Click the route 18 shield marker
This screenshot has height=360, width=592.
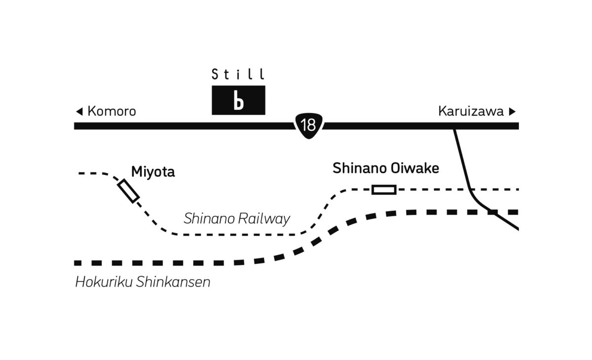[x=309, y=126]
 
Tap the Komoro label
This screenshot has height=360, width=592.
[x=111, y=111]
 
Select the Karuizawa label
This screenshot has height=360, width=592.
[x=471, y=111]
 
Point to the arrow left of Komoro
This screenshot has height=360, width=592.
[x=79, y=111]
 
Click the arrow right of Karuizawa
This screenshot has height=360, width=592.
[x=512, y=111]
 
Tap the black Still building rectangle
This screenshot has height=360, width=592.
[x=238, y=100]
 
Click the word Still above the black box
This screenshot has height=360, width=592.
[x=238, y=74]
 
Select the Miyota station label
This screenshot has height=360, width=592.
[x=153, y=172]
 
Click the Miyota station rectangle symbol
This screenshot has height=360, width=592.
[x=128, y=191]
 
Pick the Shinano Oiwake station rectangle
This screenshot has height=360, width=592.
[x=384, y=190]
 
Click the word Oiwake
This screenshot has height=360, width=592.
[x=415, y=168]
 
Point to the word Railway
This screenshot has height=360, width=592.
[x=264, y=219]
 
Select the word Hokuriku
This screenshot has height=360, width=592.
[x=104, y=282]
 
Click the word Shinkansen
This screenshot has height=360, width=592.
[x=173, y=282]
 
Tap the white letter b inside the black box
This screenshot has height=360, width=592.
[x=238, y=100]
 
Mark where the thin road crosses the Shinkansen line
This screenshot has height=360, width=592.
[x=491, y=212]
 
